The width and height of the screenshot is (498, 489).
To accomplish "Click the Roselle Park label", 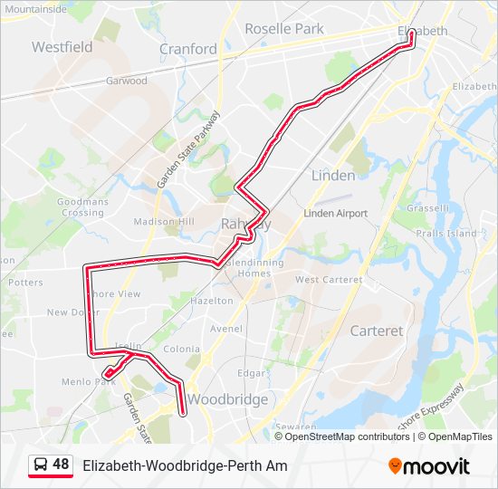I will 283,29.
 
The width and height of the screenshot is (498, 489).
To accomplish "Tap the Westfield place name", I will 62,46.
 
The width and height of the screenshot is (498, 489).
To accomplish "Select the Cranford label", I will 187,49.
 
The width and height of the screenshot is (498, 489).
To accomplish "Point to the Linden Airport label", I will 335,214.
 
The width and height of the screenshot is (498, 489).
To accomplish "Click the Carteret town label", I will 376,331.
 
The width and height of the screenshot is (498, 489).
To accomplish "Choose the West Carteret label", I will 329,280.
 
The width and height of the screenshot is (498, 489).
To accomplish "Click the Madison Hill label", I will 164,222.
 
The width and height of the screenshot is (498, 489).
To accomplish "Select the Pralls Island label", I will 446,234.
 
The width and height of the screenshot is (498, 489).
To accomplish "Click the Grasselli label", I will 428,208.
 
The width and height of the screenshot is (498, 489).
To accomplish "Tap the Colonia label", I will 181,349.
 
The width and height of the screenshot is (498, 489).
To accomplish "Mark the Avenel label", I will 225,329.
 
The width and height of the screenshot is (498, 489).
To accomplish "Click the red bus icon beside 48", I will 40,465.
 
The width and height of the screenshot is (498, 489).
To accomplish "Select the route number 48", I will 61,465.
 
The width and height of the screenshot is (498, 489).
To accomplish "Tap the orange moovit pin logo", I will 395,466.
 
